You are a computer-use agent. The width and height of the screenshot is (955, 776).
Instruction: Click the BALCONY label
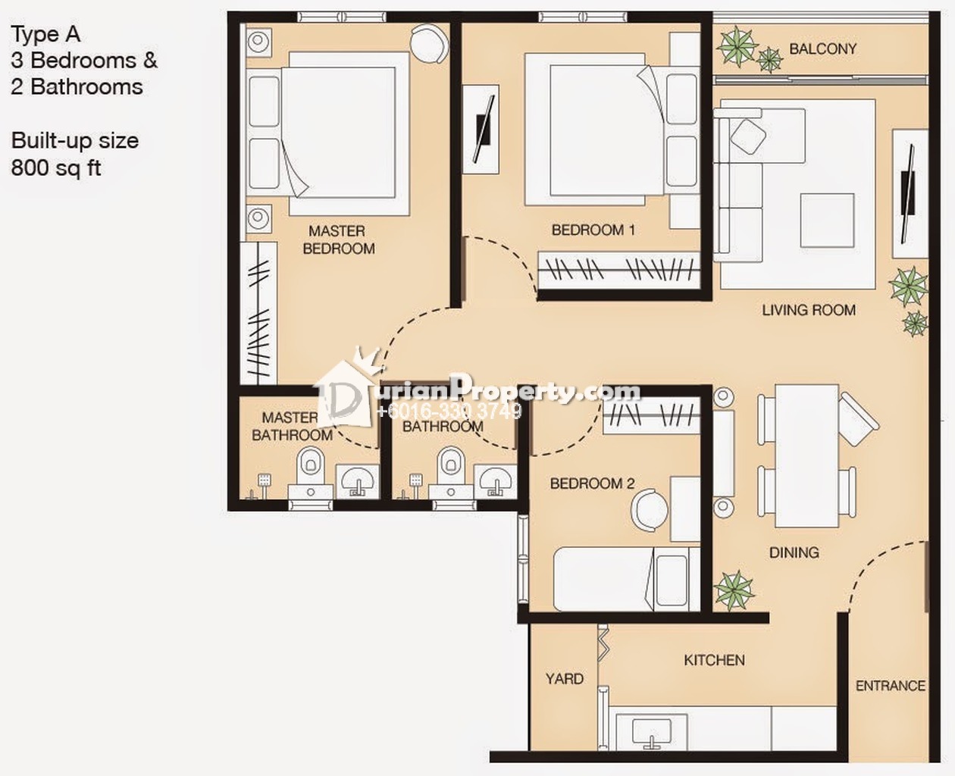tap(822, 48)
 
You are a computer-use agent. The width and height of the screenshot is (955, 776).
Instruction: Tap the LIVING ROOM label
tap(809, 310)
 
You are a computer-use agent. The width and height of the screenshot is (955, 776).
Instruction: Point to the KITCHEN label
tap(714, 660)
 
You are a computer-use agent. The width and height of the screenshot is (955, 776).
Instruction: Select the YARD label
tap(565, 679)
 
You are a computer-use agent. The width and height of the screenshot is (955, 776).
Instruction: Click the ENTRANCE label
tap(891, 686)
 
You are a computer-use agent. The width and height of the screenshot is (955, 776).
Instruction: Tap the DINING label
tap(794, 552)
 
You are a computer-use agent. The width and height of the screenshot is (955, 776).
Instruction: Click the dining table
tap(807, 456)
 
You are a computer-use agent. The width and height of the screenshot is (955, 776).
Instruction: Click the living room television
tap(908, 194)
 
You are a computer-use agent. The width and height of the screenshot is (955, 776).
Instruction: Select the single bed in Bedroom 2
tap(627, 579)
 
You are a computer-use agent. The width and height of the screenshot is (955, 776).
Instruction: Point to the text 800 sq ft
tap(57, 168)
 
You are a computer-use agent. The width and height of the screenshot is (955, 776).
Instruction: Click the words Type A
tap(45, 35)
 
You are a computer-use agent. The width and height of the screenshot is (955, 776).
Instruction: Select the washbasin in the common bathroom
tap(495, 481)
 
